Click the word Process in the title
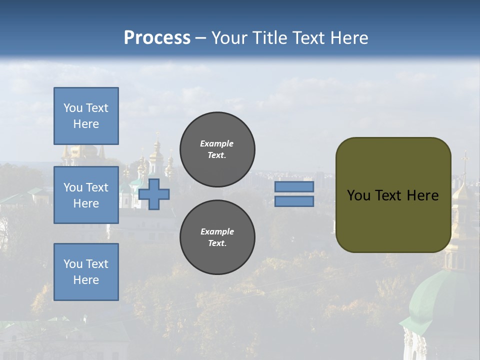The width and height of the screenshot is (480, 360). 157,38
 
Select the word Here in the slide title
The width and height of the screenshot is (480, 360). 348,38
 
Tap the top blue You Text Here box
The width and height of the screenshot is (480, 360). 86,116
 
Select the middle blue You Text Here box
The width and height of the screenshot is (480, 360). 86,195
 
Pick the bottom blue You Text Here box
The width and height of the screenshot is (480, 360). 86,272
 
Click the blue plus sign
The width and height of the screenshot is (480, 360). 154,194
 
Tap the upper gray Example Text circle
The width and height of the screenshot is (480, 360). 217,149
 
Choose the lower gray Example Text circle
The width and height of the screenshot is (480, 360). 217,237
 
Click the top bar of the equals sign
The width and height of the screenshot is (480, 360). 294,187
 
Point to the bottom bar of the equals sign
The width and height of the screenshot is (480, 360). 294,201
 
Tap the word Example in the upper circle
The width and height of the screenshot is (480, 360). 217,143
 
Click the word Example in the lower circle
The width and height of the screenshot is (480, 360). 217,231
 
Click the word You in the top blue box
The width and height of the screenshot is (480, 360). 73,108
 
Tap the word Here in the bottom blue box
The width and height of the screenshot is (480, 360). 86,280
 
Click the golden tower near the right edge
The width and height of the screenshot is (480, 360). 461,200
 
